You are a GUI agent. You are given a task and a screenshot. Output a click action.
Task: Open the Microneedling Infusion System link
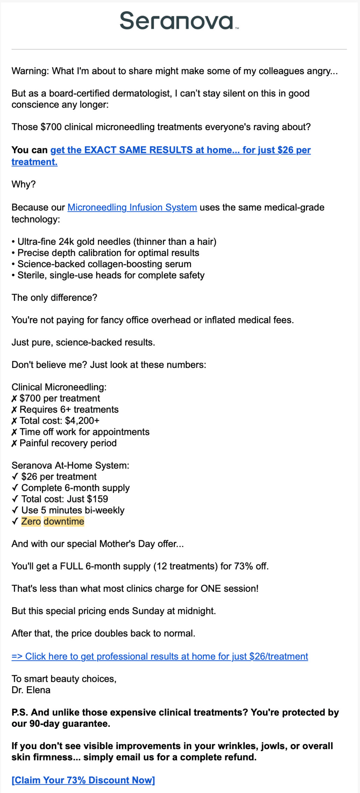132,207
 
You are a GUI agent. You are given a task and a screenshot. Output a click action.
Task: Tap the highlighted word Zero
31,521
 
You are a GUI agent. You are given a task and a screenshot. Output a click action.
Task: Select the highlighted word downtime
64,521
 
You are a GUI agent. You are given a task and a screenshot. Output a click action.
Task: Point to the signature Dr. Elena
31,690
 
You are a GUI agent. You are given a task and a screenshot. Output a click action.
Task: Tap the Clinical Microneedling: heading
59,387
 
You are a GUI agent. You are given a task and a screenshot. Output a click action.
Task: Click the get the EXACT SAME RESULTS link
180,150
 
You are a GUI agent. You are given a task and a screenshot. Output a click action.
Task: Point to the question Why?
24,184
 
